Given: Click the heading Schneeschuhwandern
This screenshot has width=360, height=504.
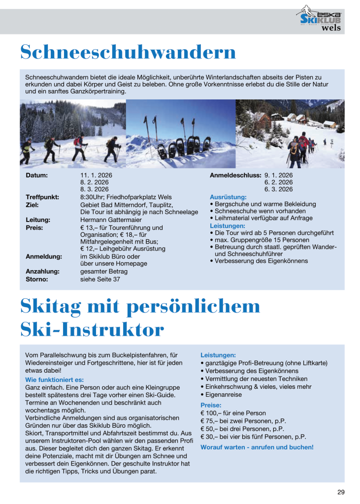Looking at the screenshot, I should click(x=128, y=52).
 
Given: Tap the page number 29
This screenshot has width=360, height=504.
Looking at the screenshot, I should click(x=341, y=492).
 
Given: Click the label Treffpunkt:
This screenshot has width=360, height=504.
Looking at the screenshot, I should click(x=42, y=197).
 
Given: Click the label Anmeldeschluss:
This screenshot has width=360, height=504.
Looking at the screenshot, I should click(x=235, y=175).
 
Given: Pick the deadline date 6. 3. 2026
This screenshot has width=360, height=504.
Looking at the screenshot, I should click(x=278, y=189).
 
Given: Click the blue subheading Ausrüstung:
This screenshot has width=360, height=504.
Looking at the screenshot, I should click(x=228, y=197).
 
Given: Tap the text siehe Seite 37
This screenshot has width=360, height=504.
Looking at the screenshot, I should click(x=100, y=279).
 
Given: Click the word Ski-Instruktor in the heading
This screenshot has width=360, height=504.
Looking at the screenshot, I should click(x=92, y=329).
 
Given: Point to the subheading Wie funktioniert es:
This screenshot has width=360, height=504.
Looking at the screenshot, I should click(x=54, y=380).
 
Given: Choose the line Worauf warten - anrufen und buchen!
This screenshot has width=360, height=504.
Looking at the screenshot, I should click(x=257, y=447).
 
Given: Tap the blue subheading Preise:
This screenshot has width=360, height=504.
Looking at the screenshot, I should click(x=211, y=405).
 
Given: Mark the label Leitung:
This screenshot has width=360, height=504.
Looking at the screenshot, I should click(x=38, y=220).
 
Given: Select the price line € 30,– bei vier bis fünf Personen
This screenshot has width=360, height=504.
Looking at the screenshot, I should click(x=253, y=437).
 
